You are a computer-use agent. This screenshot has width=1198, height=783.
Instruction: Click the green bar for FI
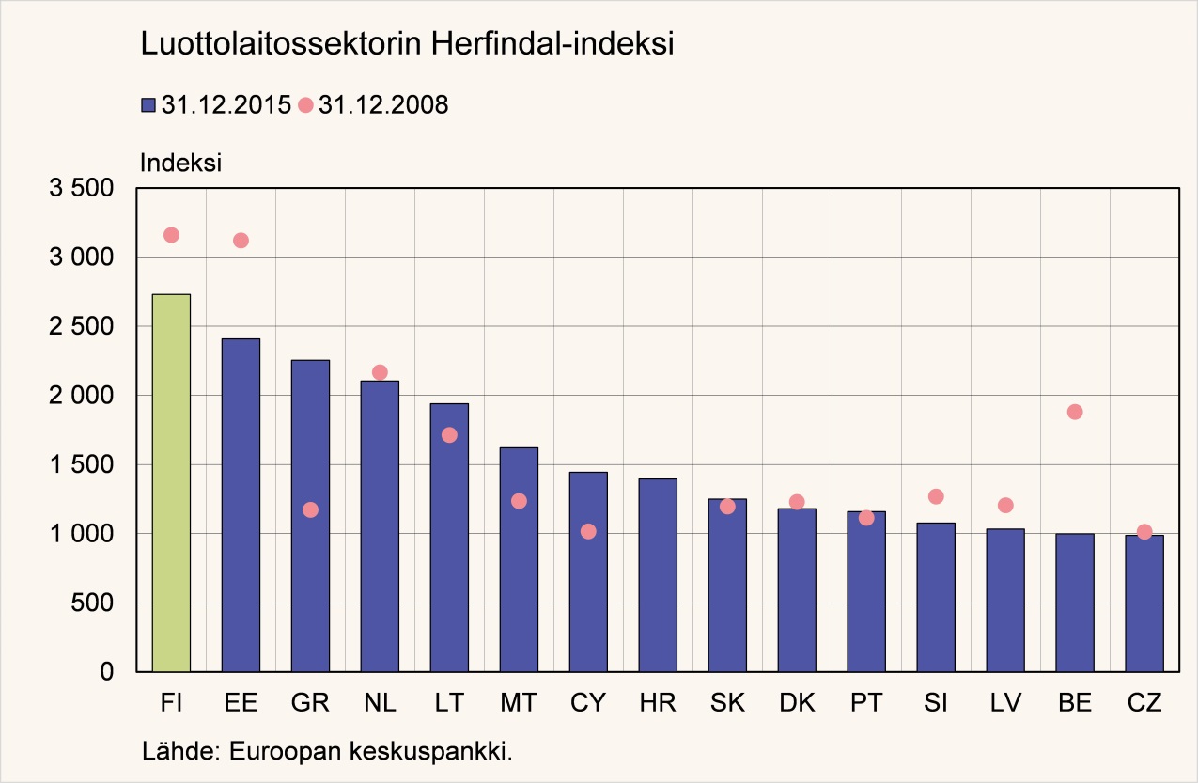tap(171, 483)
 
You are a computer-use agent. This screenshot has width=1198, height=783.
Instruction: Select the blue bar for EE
tap(241, 505)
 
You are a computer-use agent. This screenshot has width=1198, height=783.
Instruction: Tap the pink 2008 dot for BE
tap(1075, 412)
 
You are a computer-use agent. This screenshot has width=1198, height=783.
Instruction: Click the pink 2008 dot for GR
tap(310, 509)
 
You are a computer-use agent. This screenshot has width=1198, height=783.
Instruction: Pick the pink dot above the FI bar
tap(171, 235)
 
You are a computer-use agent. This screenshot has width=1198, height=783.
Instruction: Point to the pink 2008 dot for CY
tap(588, 531)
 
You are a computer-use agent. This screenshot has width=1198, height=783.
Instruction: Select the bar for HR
tap(658, 575)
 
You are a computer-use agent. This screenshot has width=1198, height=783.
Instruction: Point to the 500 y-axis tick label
tap(94, 603)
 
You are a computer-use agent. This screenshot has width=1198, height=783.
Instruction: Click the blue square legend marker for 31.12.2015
tap(148, 105)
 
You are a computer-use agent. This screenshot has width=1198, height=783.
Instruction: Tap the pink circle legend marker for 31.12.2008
tap(305, 105)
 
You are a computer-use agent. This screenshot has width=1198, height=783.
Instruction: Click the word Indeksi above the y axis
tap(180, 162)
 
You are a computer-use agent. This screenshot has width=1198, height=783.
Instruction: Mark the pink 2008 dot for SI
tap(936, 496)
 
